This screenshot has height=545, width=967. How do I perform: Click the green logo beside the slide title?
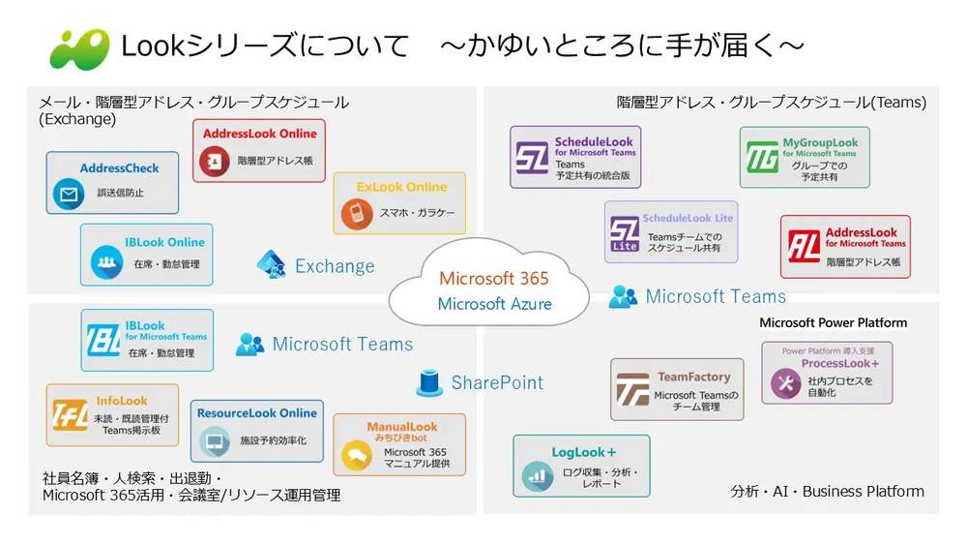79,47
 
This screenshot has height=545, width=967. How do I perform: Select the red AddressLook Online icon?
215,161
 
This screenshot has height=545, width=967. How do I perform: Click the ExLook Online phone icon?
355,213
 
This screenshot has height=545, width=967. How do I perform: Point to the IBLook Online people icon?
103,262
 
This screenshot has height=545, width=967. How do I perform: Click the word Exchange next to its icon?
335,266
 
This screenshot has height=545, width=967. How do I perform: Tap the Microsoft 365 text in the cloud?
493,279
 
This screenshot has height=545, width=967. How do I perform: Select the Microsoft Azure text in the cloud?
494,304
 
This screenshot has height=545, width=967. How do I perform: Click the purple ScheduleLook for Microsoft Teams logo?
532,157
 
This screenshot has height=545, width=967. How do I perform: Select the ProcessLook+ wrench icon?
785,384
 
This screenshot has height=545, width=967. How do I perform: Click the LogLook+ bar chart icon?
536,474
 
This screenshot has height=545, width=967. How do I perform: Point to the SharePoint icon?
429,383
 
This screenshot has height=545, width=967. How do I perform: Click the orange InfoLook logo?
71,415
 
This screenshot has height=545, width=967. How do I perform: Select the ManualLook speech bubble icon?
357,453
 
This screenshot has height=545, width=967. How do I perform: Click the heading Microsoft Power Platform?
833,322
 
